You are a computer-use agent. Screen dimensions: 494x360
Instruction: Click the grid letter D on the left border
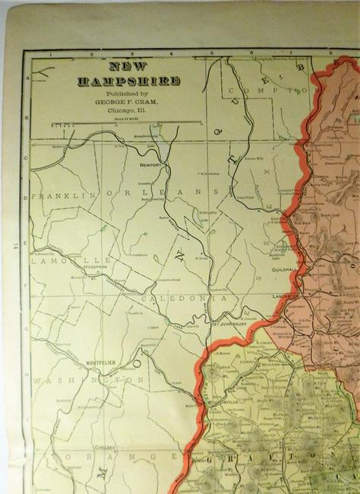pyautogui.click(x=27, y=197)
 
